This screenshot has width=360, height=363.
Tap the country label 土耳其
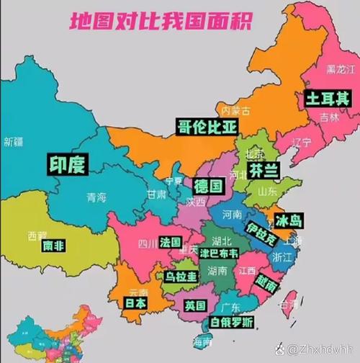pyautogui.click(x=327, y=98)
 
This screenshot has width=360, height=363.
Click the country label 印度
pyautogui.click(x=67, y=164)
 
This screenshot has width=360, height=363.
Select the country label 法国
pyautogui.click(x=171, y=241)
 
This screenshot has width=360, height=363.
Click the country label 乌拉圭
pyautogui.click(x=180, y=276)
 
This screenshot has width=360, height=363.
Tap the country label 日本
pyautogui.click(x=135, y=303)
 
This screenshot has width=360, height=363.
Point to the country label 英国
pyautogui.click(x=196, y=305)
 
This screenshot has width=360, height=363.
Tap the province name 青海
pyautogui.click(x=96, y=197)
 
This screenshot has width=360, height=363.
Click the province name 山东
pyautogui.click(x=267, y=191)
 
